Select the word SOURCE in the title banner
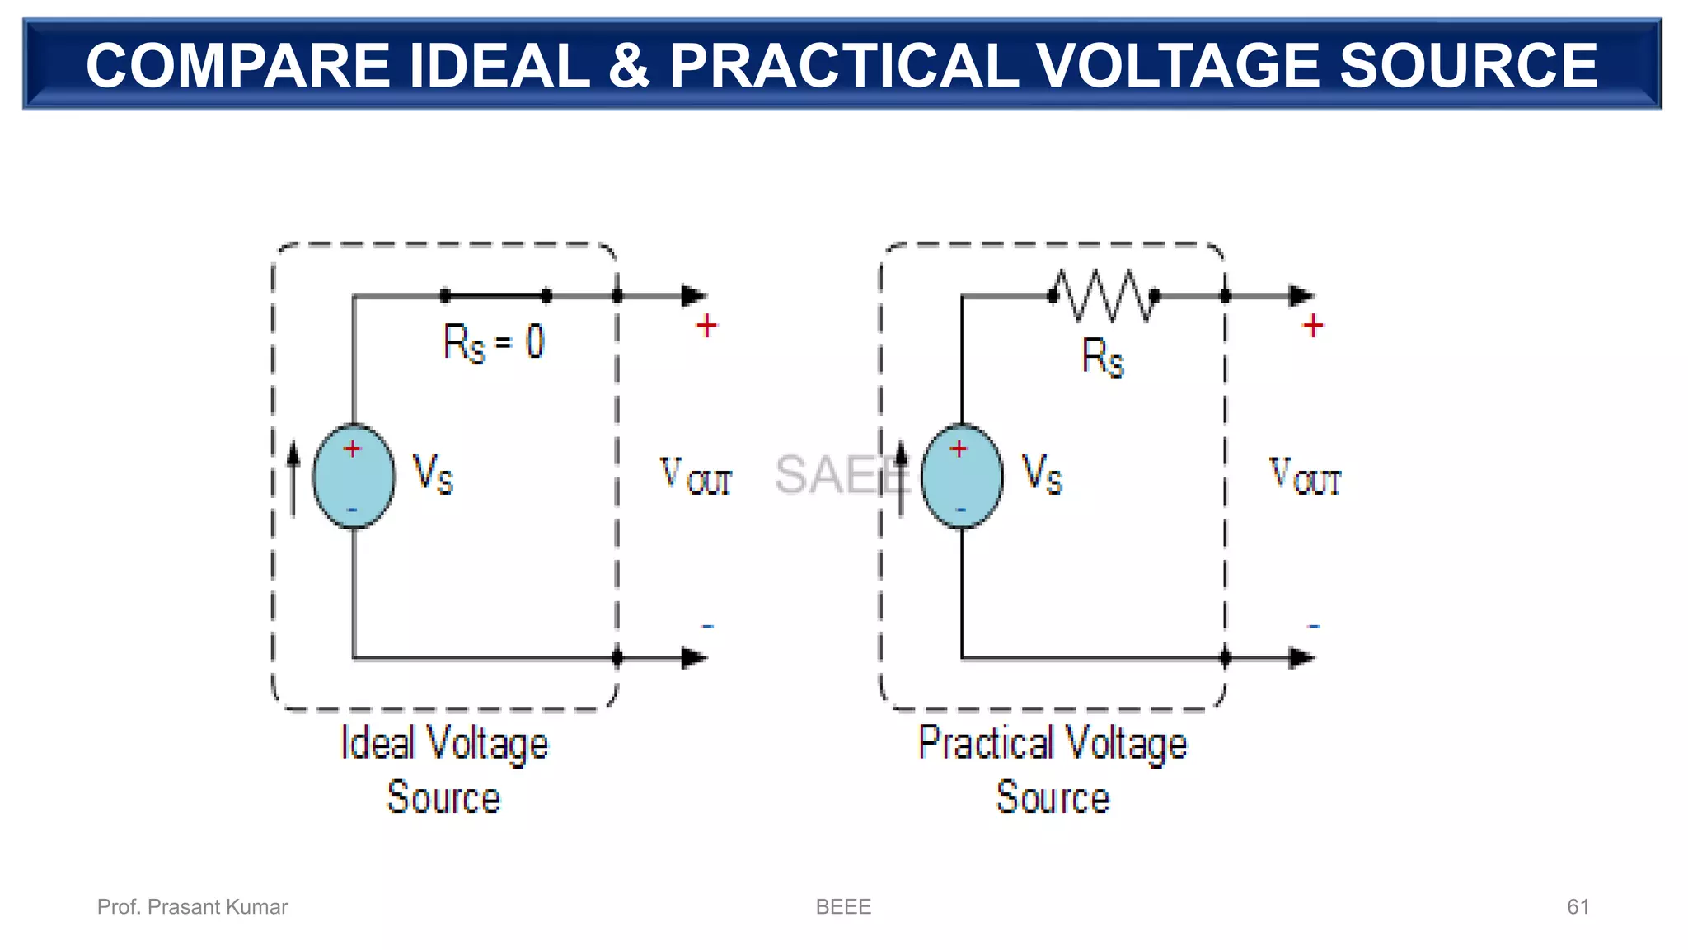point(1468,66)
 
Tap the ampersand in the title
point(629,66)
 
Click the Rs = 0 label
point(494,342)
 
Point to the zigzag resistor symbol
point(1104,295)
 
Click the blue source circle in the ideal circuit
point(354,477)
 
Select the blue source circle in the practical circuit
point(962,477)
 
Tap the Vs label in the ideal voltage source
point(433,473)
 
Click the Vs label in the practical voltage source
point(1042,473)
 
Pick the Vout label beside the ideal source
point(696,477)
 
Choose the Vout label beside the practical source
point(1305,477)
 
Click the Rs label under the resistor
point(1103,357)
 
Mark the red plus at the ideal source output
point(706,327)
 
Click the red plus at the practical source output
point(1313,327)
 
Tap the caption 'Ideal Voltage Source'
point(444,769)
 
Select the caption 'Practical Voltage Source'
point(1053,769)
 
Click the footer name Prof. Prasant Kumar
point(192,907)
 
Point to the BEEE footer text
point(843,907)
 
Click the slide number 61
point(1578,907)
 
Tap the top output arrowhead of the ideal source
point(694,296)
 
